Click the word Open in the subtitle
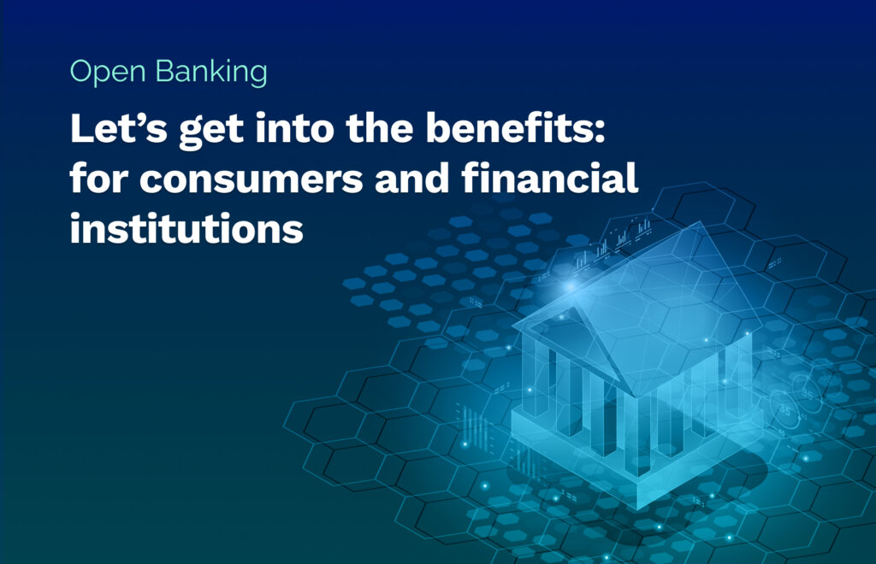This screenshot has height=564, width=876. click(108, 72)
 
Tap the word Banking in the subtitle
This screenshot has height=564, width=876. click(211, 72)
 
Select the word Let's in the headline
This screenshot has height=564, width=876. click(118, 127)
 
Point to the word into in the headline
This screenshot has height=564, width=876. click(294, 127)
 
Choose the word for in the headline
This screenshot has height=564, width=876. click(99, 178)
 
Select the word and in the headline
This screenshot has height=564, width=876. click(411, 178)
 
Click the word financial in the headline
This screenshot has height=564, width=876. click(550, 178)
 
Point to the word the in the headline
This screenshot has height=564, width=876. click(379, 127)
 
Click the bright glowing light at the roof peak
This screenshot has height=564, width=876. click(570, 286)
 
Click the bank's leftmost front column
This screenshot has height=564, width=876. click(541, 379)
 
